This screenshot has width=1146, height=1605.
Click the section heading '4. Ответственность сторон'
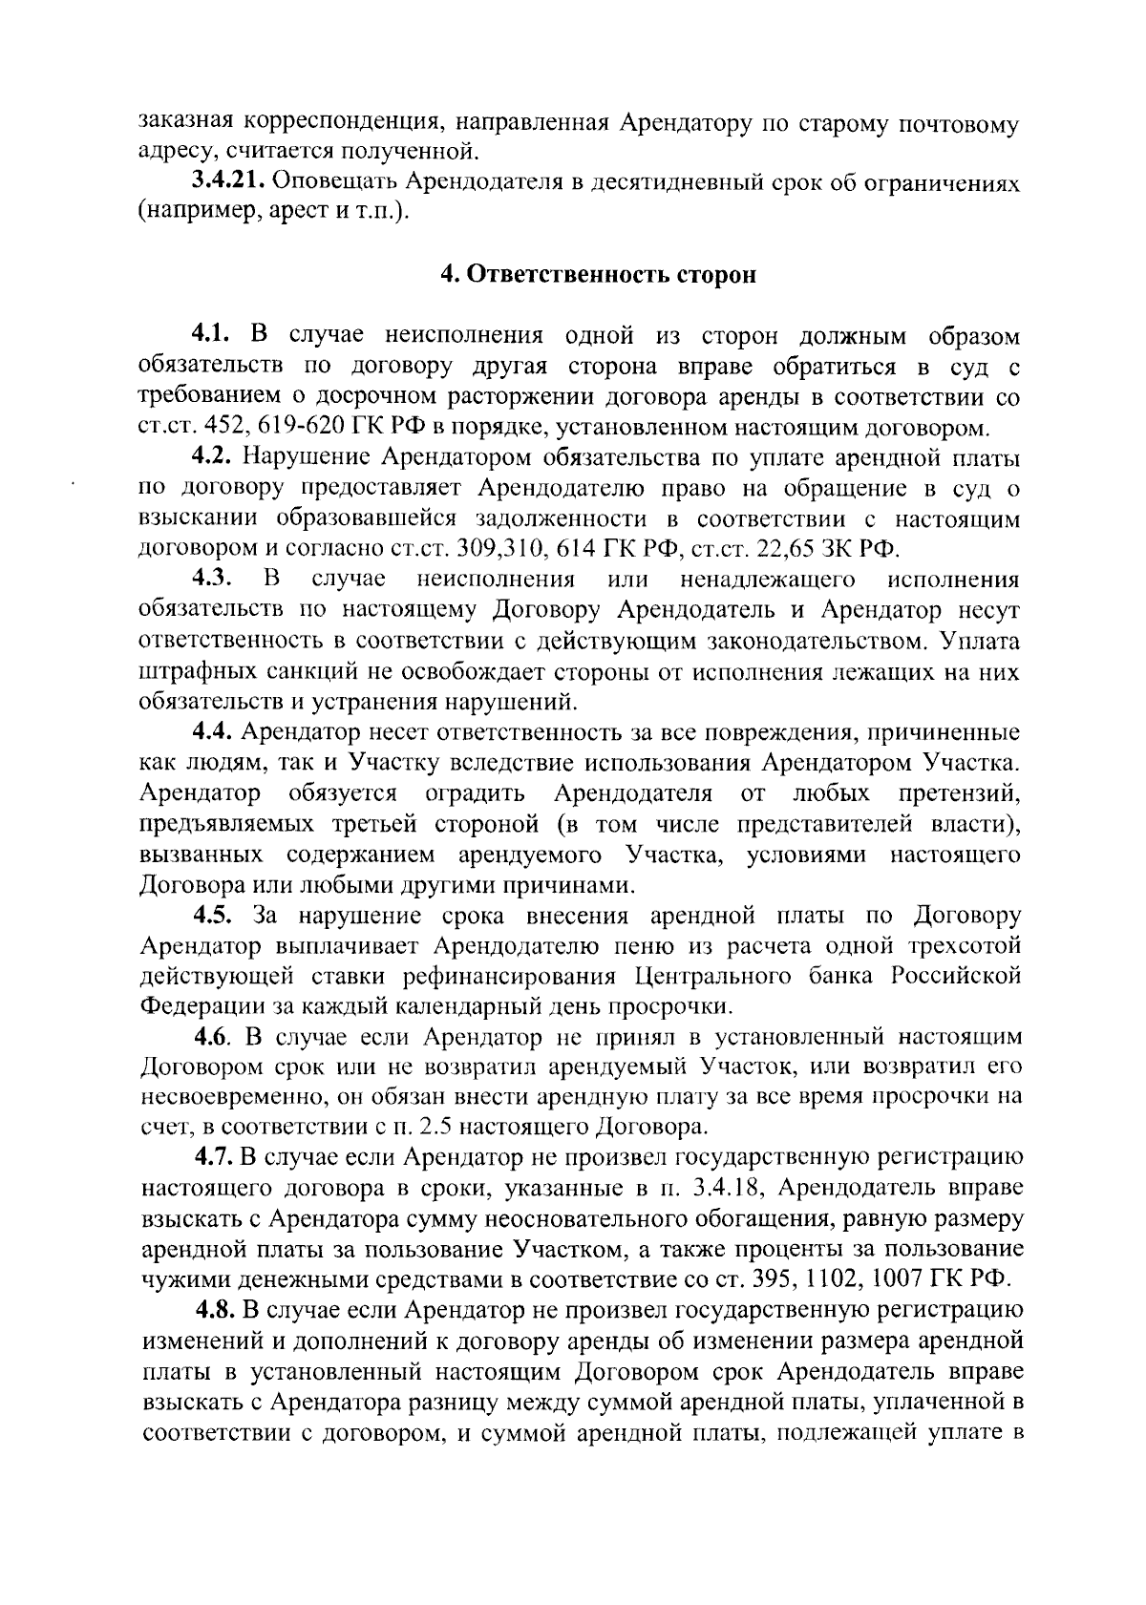coord(597,275)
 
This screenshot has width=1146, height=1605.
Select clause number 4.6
coord(214,1036)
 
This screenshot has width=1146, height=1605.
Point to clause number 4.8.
coord(217,1308)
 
